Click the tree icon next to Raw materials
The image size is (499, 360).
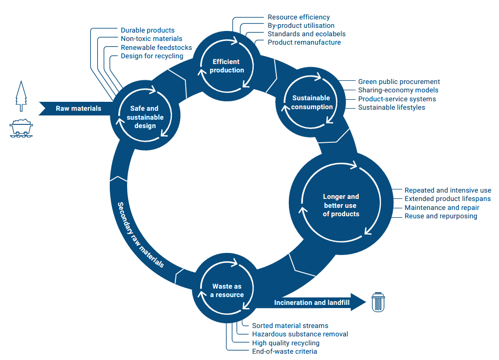[x=21, y=96]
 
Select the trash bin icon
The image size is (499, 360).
[x=378, y=302]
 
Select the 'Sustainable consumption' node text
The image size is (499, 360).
[x=311, y=102]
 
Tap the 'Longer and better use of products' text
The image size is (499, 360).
[x=341, y=205]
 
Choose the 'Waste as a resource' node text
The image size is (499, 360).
[x=227, y=290]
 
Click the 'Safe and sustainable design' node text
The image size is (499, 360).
[x=144, y=117]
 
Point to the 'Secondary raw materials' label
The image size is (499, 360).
[x=140, y=235]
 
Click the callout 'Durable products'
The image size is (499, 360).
[x=148, y=30]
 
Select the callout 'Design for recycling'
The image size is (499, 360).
[x=152, y=56]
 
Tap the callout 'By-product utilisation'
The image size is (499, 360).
[x=300, y=25]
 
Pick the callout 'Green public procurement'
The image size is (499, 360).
[x=399, y=82]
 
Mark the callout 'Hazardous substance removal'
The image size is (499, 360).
[x=300, y=334]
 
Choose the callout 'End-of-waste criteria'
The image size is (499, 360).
[x=284, y=351]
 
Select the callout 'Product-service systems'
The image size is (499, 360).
[x=397, y=99]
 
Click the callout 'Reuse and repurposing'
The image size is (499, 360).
[x=441, y=216]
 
